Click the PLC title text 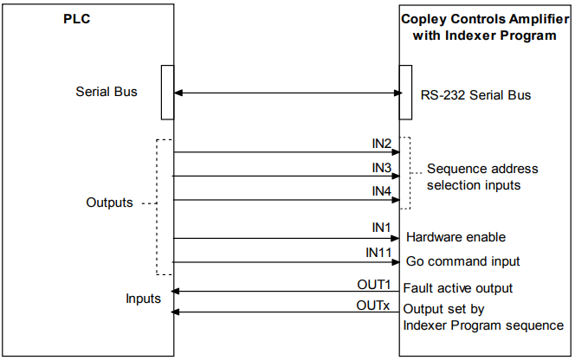pyautogui.click(x=77, y=19)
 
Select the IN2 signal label pyautogui.click(x=382, y=144)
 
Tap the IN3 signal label pyautogui.click(x=382, y=168)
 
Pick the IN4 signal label pyautogui.click(x=382, y=191)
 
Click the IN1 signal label pyautogui.click(x=381, y=228)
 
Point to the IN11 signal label pyautogui.click(x=378, y=252)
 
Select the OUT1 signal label pyautogui.click(x=374, y=285)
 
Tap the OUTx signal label pyautogui.click(x=373, y=305)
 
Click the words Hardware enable pyautogui.click(x=455, y=237)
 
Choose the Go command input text pyautogui.click(x=462, y=261)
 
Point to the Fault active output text pyautogui.click(x=457, y=288)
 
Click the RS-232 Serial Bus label pyautogui.click(x=475, y=95)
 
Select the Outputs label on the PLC pyautogui.click(x=109, y=202)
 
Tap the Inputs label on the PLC pyautogui.click(x=144, y=299)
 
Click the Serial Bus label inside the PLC pyautogui.click(x=107, y=91)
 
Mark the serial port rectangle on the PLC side pyautogui.click(x=168, y=93)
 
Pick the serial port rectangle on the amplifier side pyautogui.click(x=405, y=93)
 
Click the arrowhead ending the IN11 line pyautogui.click(x=396, y=262)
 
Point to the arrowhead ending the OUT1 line pyautogui.click(x=175, y=292)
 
